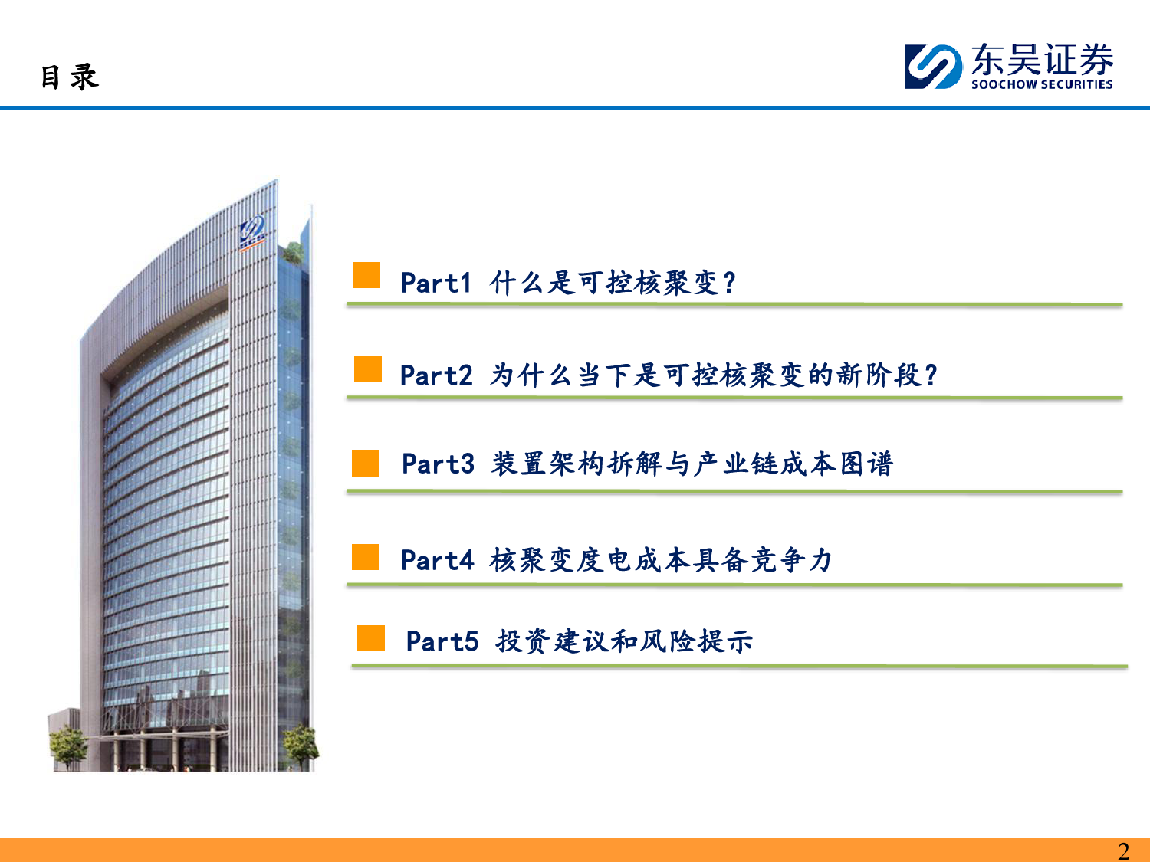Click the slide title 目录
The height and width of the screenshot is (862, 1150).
click(x=70, y=77)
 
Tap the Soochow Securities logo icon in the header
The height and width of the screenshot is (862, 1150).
click(x=933, y=67)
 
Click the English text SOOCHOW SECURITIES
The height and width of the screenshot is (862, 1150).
click(x=1042, y=84)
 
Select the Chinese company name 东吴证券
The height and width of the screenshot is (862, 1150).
click(x=1042, y=59)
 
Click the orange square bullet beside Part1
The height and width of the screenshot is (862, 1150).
click(x=366, y=275)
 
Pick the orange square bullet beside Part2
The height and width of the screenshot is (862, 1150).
click(x=368, y=369)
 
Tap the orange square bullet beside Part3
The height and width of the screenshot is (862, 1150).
click(x=366, y=464)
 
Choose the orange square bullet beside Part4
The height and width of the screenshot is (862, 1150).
click(x=366, y=557)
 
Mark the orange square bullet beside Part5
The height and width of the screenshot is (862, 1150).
click(x=371, y=638)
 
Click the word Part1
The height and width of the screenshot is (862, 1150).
click(x=436, y=284)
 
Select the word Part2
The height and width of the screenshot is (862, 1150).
click(x=436, y=375)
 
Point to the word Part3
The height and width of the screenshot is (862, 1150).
click(x=438, y=464)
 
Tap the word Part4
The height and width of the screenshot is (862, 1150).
click(x=438, y=560)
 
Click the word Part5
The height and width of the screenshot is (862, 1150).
click(x=442, y=641)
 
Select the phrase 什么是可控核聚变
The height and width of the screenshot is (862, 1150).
click(x=603, y=284)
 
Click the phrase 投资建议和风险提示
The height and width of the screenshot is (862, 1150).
click(x=625, y=641)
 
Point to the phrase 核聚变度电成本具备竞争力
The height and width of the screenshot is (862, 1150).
click(x=661, y=560)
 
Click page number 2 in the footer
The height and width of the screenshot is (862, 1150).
click(x=1123, y=851)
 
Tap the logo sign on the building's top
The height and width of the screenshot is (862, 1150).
click(x=252, y=234)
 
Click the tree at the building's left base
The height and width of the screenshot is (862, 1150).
click(x=68, y=746)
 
